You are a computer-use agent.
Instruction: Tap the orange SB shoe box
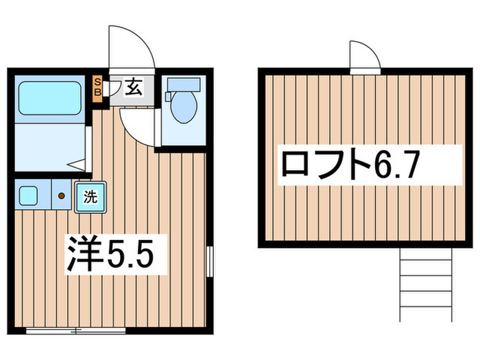(97, 88)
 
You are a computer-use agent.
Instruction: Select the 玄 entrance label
(134, 87)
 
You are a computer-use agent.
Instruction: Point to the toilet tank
(183, 84)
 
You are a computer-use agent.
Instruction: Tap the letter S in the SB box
(97, 82)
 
